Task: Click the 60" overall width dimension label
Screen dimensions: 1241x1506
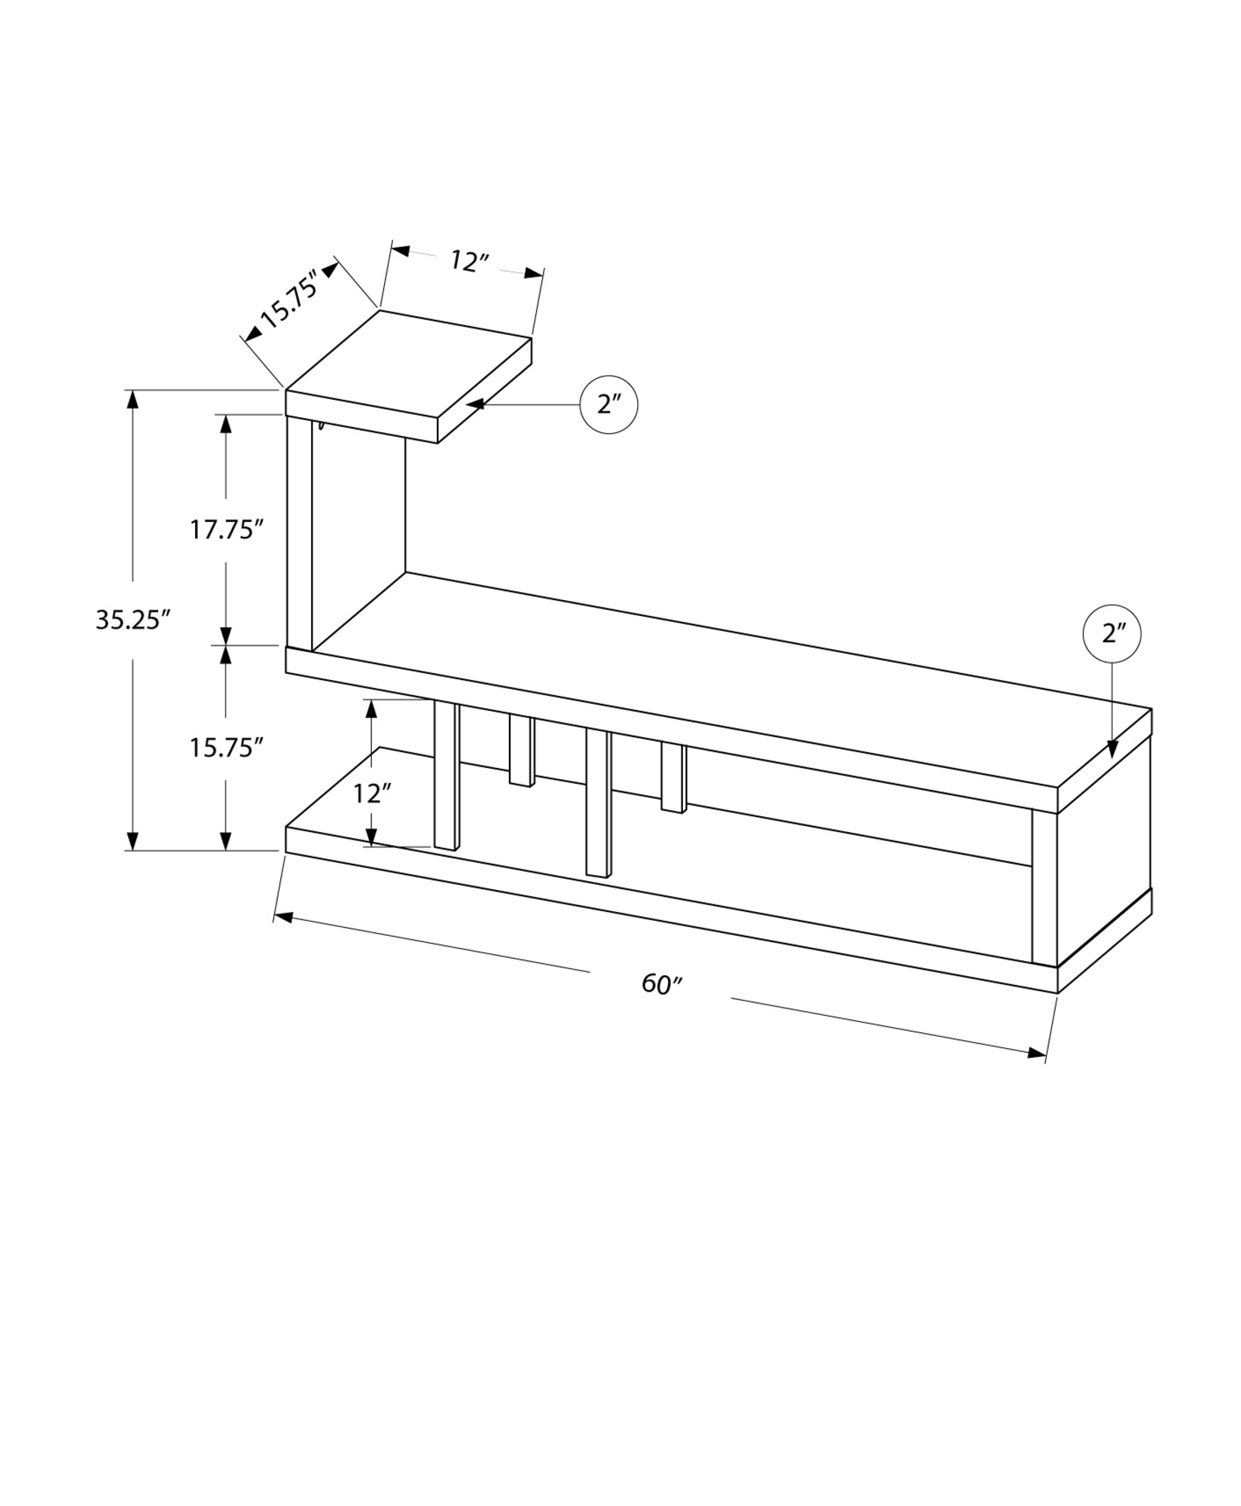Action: pyautogui.click(x=661, y=983)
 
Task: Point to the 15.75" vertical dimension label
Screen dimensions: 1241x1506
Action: pyautogui.click(x=225, y=747)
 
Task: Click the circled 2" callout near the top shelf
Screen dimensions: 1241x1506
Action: pyautogui.click(x=608, y=404)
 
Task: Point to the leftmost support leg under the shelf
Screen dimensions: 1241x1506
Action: pyautogui.click(x=447, y=776)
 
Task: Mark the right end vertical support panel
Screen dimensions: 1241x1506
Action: pyautogui.click(x=1044, y=886)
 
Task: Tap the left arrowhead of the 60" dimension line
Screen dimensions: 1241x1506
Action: pyautogui.click(x=283, y=916)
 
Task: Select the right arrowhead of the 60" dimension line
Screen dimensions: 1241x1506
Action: pyautogui.click(x=1036, y=1053)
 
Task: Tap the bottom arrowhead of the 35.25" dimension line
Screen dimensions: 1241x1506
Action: pyautogui.click(x=133, y=840)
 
